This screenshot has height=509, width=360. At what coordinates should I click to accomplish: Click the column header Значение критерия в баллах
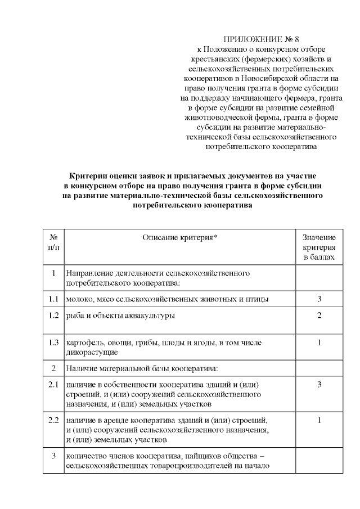[319, 247]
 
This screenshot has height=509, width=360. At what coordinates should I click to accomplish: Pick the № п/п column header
[54, 242]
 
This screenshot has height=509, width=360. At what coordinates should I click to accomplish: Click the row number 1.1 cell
[54, 299]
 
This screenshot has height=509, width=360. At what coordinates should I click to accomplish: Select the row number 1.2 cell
[54, 315]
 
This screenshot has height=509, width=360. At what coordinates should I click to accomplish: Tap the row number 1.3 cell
[54, 343]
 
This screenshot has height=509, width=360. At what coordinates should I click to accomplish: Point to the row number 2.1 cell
[54, 385]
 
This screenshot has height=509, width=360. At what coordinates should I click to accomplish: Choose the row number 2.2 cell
[54, 420]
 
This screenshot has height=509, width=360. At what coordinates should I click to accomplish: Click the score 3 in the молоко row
[319, 299]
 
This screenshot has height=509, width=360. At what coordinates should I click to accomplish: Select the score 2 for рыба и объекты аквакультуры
[319, 315]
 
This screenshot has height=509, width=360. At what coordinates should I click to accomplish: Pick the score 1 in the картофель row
[319, 343]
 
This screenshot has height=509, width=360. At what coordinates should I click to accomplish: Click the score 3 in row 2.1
[319, 385]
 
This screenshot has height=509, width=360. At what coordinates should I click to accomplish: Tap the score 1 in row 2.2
[319, 420]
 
